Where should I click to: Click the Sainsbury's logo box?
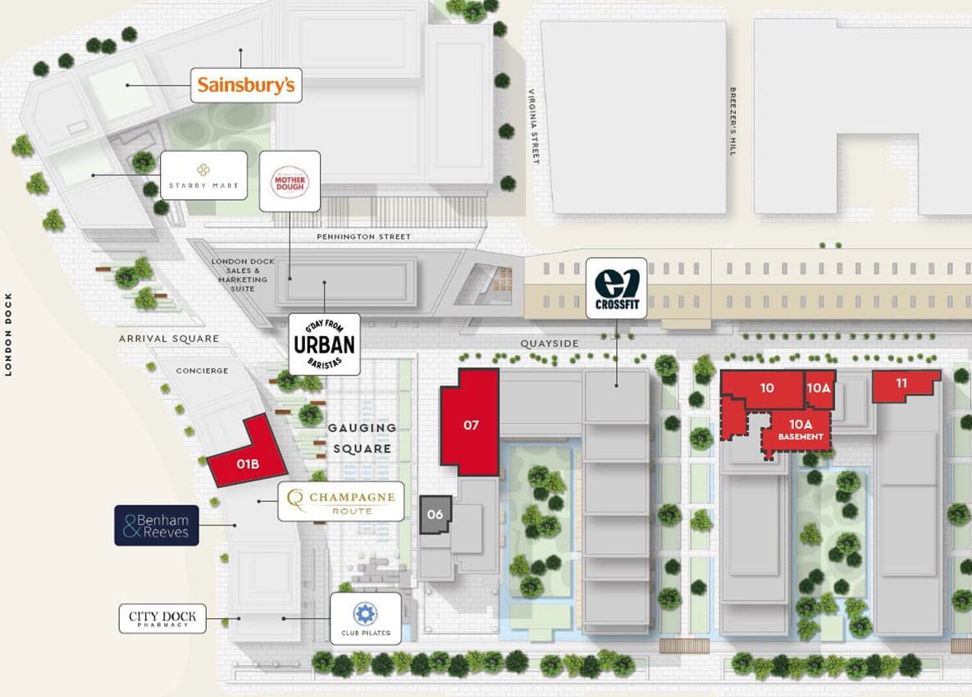[246, 85]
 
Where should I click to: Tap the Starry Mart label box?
[203, 175]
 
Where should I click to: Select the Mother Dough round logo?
[290, 181]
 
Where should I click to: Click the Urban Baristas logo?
[326, 344]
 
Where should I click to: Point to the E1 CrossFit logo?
[616, 288]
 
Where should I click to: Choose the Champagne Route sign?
[341, 501]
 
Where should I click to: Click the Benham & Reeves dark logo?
[156, 526]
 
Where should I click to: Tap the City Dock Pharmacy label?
[162, 618]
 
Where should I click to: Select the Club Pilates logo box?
[366, 619]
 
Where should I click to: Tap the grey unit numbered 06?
[436, 514]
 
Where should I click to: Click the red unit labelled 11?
[902, 385]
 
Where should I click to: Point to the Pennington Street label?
[364, 237]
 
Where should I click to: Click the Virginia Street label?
[533, 126]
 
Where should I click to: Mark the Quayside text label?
[550, 344]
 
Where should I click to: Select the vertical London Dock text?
[9, 334]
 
